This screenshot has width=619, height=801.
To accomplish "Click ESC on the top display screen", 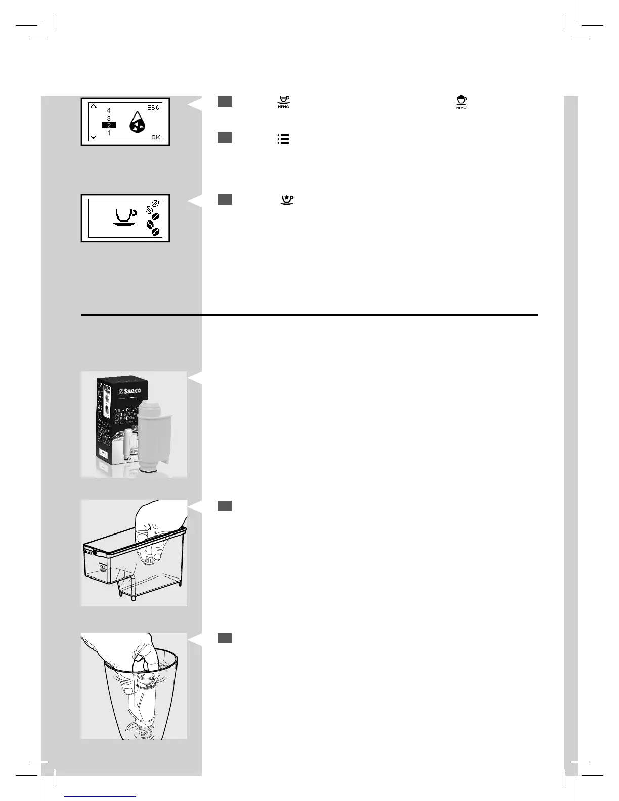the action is click(x=153, y=108).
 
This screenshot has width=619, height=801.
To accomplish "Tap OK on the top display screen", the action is click(x=156, y=137).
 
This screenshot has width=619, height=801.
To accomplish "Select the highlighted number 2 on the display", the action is click(x=109, y=125).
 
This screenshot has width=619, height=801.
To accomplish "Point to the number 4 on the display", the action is click(x=109, y=110).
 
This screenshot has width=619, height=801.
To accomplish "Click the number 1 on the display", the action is click(x=109, y=133).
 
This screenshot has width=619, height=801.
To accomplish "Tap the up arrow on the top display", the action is click(x=93, y=106).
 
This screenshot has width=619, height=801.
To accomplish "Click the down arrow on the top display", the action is click(x=93, y=137).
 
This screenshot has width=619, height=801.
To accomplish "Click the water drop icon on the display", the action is click(x=134, y=123).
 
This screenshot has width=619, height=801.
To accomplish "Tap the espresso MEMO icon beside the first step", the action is click(x=283, y=102).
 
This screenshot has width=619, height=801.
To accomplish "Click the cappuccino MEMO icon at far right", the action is click(x=461, y=102).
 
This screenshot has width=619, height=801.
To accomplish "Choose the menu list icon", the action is click(x=283, y=139).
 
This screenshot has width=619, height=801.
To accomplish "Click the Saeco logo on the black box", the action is click(x=130, y=392).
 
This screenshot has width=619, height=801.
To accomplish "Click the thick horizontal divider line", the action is click(x=309, y=315).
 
